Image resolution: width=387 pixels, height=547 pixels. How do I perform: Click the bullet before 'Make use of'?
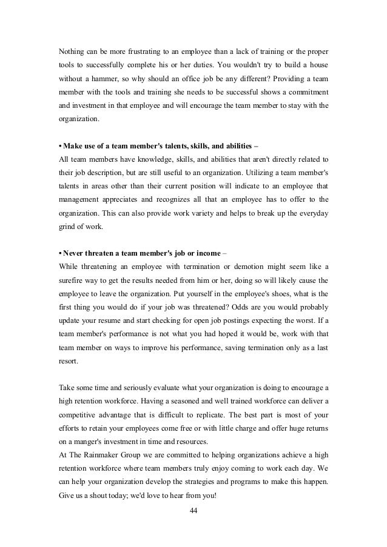coord(61,145)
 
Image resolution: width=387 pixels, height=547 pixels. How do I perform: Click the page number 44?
coord(193,511)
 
